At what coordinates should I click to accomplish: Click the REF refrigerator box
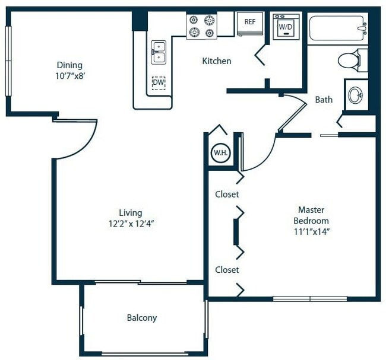point(250,23)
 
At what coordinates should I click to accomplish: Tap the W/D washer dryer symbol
point(286,27)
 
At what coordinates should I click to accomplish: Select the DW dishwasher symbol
point(158,83)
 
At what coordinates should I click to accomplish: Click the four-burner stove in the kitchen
point(201,26)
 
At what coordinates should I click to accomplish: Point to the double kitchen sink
point(158,52)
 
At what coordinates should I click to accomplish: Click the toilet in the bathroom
point(350,60)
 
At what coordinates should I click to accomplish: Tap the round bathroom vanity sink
point(355,95)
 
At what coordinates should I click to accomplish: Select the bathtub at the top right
point(337,27)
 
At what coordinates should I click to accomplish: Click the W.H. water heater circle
point(220,153)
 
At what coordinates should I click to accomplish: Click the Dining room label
point(69,65)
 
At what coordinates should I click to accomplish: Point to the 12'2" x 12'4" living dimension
point(130,224)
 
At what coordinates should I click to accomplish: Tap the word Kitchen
point(217,61)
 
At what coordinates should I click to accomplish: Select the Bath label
point(324,100)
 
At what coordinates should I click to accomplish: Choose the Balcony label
point(142,318)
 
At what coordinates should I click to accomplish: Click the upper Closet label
point(227,195)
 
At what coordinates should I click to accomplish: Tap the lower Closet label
point(227,270)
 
